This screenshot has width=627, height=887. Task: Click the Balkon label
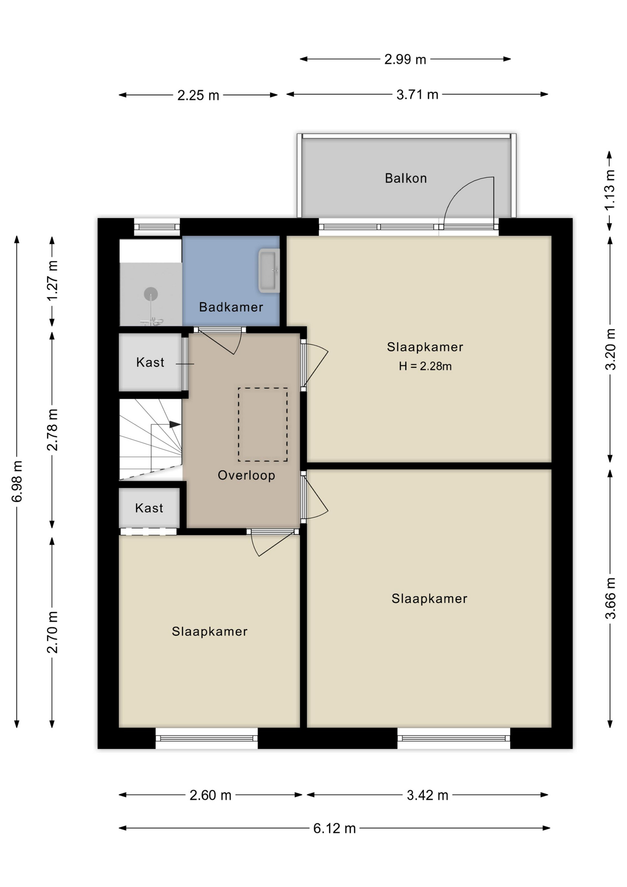point(406,178)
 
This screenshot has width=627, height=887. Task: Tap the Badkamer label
point(231,307)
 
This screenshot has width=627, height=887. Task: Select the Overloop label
point(247,475)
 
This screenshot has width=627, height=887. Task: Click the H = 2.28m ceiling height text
point(425,366)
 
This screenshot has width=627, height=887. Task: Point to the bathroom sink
point(269,271)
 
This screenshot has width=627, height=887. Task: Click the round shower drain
point(151,293)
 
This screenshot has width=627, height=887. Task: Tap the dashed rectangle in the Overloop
point(263,425)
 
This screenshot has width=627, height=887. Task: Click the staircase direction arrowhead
point(175,425)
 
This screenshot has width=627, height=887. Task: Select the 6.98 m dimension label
point(17,481)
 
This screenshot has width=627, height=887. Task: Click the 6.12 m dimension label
point(334,828)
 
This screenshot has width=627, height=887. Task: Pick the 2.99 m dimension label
point(405,60)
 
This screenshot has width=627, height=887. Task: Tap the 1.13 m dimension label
point(610,190)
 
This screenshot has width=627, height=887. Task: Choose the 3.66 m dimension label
point(610,598)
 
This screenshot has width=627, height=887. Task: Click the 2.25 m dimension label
point(198,96)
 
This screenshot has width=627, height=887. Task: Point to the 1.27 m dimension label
point(52,280)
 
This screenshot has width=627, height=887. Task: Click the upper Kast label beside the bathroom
point(150,362)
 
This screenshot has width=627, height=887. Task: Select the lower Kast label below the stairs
point(149,508)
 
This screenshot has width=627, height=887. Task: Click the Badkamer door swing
point(219,341)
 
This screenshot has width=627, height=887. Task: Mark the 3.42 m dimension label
point(428,795)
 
